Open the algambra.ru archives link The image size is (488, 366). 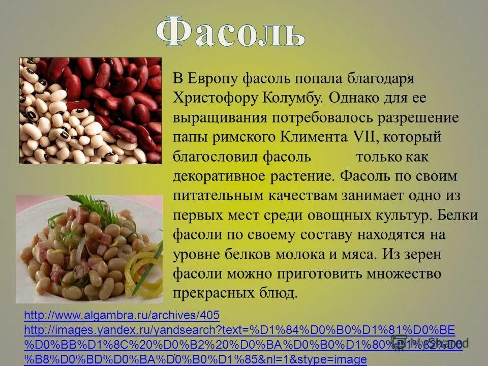[x=121, y=316]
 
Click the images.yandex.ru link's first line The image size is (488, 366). [x=239, y=330]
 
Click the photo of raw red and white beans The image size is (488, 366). [x=90, y=111]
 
